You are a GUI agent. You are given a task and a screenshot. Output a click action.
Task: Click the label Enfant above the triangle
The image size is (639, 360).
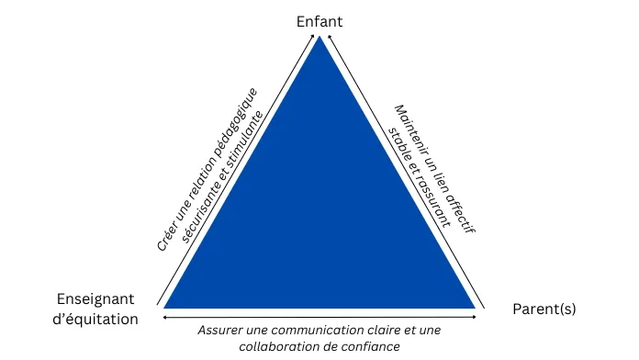(x=319, y=19)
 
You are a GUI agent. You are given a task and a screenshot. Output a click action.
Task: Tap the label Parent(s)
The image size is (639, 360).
(x=544, y=309)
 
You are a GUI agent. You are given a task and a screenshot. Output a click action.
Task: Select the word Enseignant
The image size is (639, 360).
(x=95, y=299)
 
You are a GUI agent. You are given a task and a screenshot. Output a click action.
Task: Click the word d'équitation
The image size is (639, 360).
(x=95, y=319)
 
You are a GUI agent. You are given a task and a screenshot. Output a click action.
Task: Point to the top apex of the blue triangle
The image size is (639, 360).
(x=319, y=38)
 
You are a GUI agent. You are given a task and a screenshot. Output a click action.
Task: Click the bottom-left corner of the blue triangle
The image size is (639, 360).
(x=165, y=307)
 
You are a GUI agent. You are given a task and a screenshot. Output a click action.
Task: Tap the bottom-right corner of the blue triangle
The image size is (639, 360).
(x=475, y=307)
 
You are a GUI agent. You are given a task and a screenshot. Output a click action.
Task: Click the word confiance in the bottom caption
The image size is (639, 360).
(x=373, y=346)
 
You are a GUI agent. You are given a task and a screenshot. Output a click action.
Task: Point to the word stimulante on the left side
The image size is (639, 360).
(x=247, y=138)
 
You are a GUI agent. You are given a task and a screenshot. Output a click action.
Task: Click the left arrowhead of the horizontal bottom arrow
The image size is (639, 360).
(x=164, y=317)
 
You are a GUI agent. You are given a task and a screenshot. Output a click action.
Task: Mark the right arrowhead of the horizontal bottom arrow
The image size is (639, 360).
(x=475, y=317)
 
